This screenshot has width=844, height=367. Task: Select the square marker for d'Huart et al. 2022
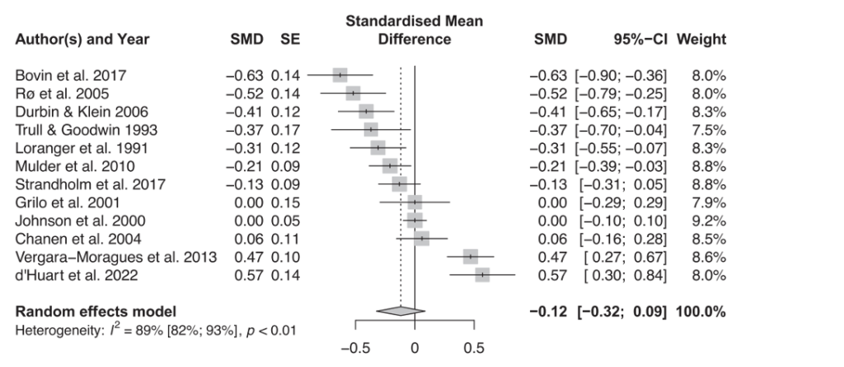pos(482,275)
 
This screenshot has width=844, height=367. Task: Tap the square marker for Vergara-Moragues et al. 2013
pos(471,257)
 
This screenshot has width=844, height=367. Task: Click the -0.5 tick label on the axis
pos(355,346)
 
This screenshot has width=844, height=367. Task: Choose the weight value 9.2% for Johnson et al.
pos(710,221)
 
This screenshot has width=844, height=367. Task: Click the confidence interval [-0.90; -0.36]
pos(621,76)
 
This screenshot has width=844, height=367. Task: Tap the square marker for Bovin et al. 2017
pos(340,75)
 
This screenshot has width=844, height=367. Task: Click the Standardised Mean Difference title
pos(415,30)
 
